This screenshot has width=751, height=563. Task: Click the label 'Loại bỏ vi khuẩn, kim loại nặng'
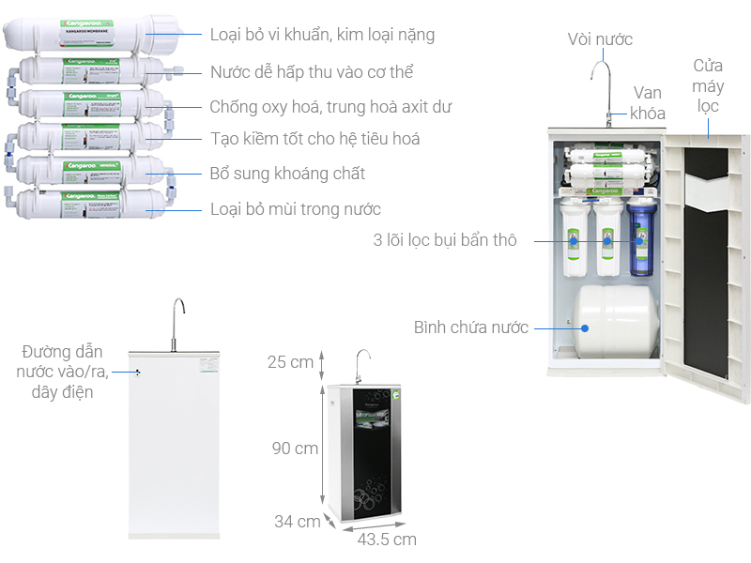(x=323, y=36)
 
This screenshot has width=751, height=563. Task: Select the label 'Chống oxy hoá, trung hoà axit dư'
(x=330, y=107)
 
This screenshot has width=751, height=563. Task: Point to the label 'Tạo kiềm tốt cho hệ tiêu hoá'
(x=314, y=140)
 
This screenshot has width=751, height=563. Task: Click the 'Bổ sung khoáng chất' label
(x=287, y=175)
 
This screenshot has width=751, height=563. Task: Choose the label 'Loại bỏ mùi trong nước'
(x=295, y=209)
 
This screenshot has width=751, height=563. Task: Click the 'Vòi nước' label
(x=600, y=39)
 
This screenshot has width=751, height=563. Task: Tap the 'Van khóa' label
(x=648, y=103)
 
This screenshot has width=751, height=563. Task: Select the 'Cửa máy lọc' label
(x=709, y=85)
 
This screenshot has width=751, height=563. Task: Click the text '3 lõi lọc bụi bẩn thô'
(x=444, y=241)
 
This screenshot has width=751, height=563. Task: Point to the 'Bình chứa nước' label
(x=471, y=328)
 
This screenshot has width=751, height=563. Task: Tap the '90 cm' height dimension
(x=295, y=449)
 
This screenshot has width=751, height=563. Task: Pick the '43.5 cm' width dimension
(x=386, y=540)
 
